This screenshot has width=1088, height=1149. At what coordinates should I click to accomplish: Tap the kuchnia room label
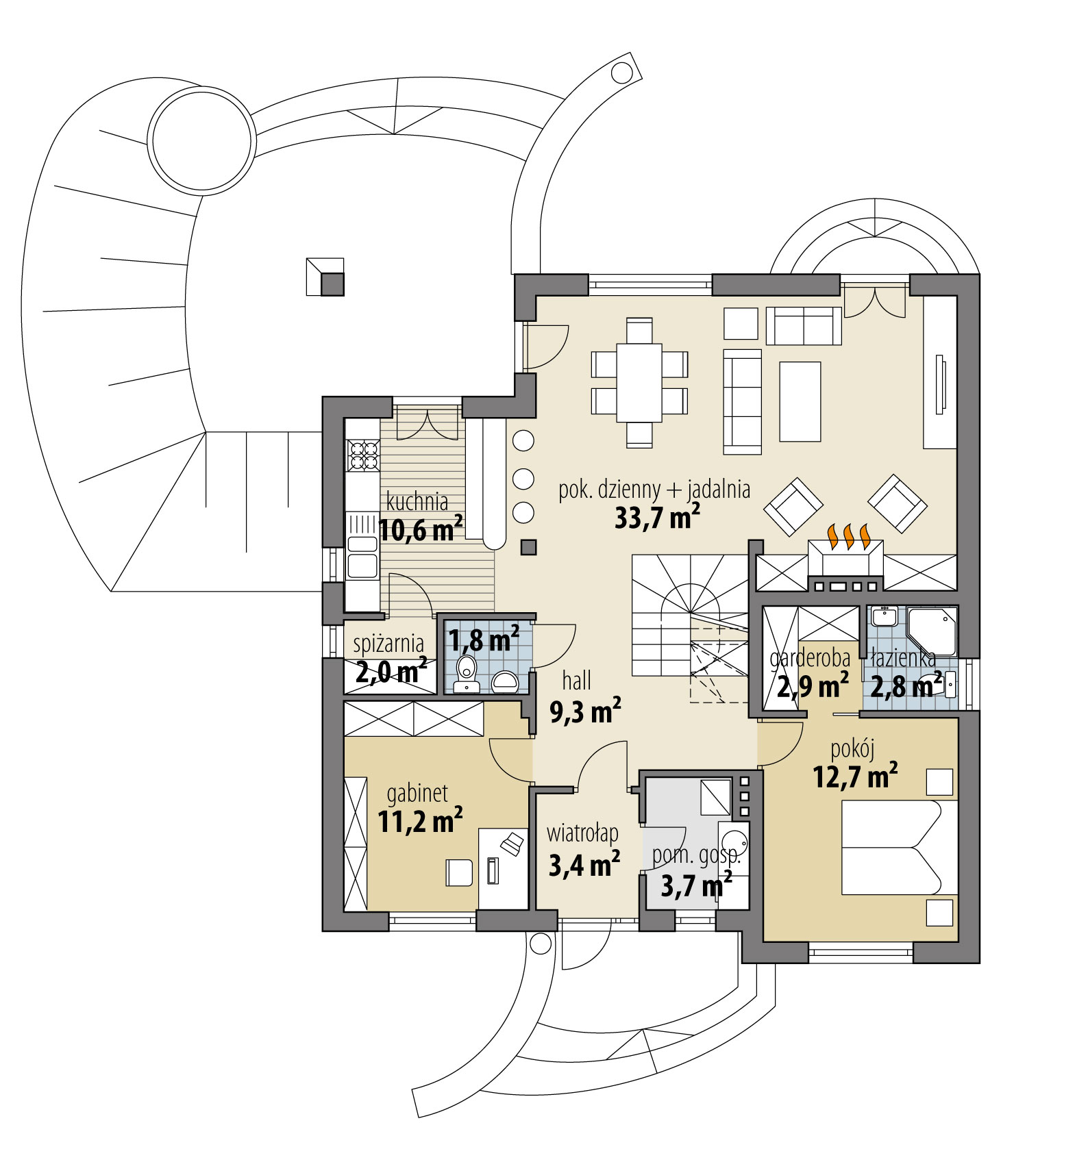pyautogui.click(x=417, y=501)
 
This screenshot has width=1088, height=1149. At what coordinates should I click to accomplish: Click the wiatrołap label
pyautogui.click(x=582, y=833)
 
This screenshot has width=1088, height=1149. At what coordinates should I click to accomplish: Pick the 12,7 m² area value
pyautogui.click(x=855, y=777)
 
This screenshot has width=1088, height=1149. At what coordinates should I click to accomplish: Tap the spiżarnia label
pyautogui.click(x=388, y=644)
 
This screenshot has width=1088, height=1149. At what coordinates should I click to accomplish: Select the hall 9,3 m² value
pyautogui.click(x=585, y=712)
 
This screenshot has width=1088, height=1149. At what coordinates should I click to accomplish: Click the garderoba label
pyautogui.click(x=810, y=658)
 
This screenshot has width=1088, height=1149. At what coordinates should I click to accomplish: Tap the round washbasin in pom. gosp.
pyautogui.click(x=735, y=843)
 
